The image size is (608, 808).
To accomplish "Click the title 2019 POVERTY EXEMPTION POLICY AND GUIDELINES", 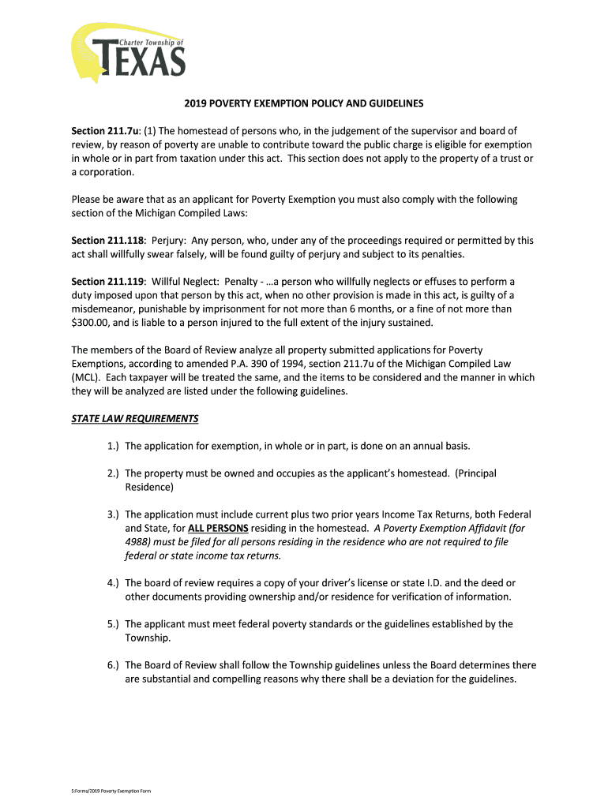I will (x=304, y=103).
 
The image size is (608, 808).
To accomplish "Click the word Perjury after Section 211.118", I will (x=171, y=240).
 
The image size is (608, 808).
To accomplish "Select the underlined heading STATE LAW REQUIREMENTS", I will (x=135, y=418).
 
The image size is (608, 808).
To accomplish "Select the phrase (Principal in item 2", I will (x=475, y=473).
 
